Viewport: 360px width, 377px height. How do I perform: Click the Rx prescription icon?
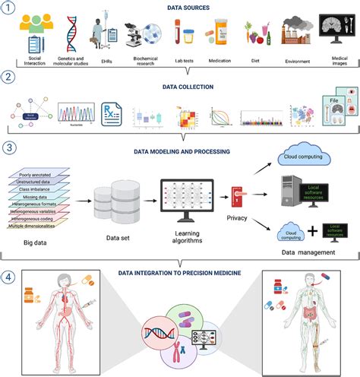tap(112, 116)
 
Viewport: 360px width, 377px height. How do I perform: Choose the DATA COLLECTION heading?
tap(181, 87)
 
